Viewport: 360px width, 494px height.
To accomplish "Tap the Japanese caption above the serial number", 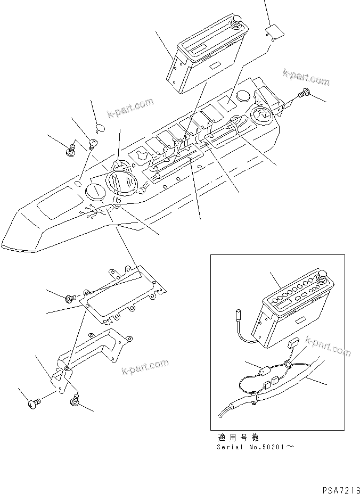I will (238, 437).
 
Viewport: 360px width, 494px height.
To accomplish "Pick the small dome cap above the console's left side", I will (100, 127).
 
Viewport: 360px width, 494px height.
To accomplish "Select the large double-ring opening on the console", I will (123, 183).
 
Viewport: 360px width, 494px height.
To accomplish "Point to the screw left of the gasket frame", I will (69, 299).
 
